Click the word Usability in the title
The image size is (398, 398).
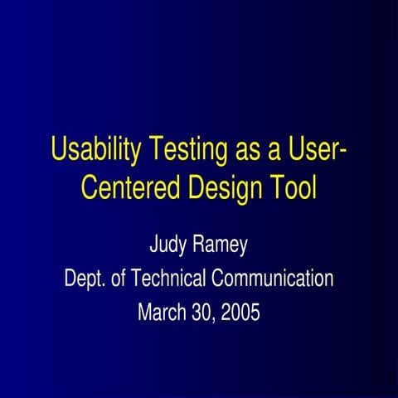(x=96, y=152)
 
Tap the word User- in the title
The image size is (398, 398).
(x=311, y=151)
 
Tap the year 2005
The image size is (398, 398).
(x=240, y=313)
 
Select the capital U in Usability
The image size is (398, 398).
(x=59, y=151)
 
